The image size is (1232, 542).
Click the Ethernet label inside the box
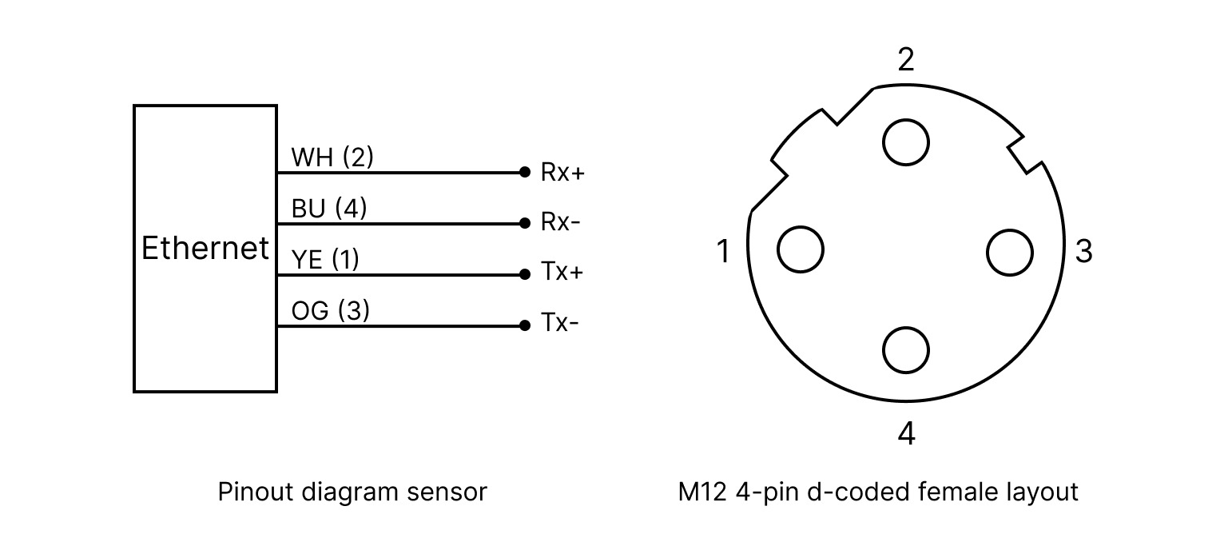pyautogui.click(x=205, y=249)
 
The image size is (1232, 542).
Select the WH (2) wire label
pyautogui.click(x=332, y=157)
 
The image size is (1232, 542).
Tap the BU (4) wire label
pyautogui.click(x=329, y=209)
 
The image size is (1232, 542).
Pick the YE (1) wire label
pyautogui.click(x=325, y=260)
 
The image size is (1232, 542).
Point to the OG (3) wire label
pyautogui.click(x=331, y=311)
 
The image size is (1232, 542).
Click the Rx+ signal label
pyautogui.click(x=562, y=172)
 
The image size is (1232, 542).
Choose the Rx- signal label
pyautogui.click(x=560, y=222)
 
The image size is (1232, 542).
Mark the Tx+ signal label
pyautogui.click(x=562, y=273)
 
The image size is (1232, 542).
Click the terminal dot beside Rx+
pyautogui.click(x=524, y=172)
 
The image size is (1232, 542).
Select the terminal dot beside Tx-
pyautogui.click(x=524, y=325)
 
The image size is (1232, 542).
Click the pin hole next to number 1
pyautogui.click(x=801, y=249)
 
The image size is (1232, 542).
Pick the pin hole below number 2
pyautogui.click(x=905, y=142)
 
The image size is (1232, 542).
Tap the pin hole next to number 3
pyautogui.click(x=1010, y=252)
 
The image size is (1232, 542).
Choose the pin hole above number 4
pyautogui.click(x=905, y=349)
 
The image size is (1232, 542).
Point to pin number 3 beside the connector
pyautogui.click(x=1083, y=251)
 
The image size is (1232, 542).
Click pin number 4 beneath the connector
pyautogui.click(x=905, y=433)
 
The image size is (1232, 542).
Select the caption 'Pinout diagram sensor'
pyautogui.click(x=352, y=492)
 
